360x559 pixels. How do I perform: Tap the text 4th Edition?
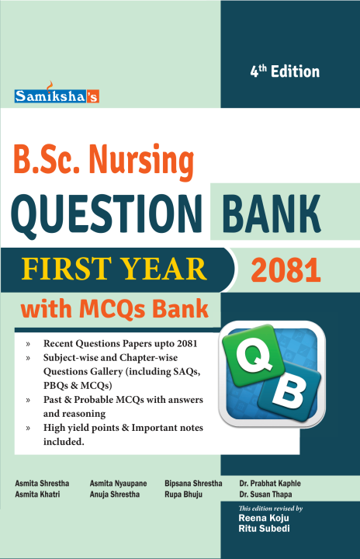[284, 71]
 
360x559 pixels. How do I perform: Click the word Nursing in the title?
[148, 160]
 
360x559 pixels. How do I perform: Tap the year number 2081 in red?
[286, 271]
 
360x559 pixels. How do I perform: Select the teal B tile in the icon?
[289, 396]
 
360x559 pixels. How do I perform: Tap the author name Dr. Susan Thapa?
[261, 494]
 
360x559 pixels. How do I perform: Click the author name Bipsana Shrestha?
[193, 483]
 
